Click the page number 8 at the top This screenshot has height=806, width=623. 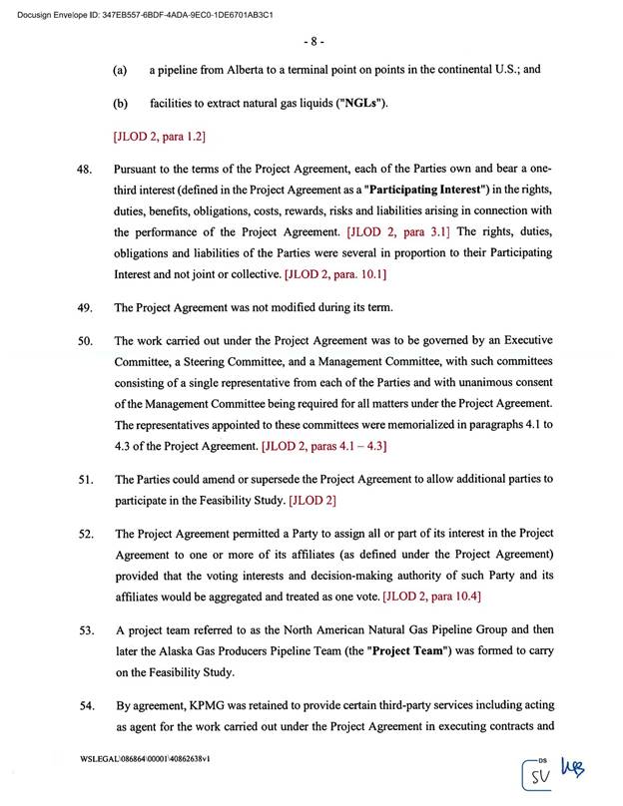pos(311,42)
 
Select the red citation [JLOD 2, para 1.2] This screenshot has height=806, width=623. pos(160,134)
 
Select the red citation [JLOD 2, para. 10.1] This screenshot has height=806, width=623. pos(336,272)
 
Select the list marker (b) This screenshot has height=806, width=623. pos(120,104)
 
